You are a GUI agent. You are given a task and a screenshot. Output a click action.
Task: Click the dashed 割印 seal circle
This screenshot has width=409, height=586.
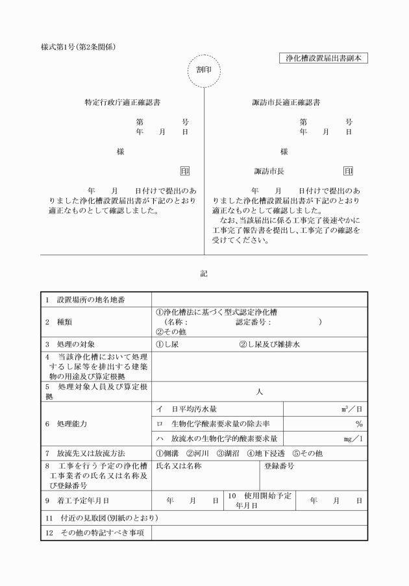[x=204, y=70]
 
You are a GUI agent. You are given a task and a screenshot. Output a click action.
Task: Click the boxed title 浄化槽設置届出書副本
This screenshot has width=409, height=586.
[x=322, y=58]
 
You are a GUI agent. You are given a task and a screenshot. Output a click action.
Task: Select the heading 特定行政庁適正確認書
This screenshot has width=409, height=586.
[x=123, y=103]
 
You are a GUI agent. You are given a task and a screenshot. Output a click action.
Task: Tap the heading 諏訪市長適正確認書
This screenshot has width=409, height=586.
[x=286, y=103]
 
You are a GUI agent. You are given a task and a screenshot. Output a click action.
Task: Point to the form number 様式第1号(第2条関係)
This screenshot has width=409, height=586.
[x=78, y=47]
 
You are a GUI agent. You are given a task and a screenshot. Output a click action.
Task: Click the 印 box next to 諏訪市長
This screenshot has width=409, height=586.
[x=348, y=171]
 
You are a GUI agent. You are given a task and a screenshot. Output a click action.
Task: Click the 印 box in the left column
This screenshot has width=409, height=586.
[x=185, y=171]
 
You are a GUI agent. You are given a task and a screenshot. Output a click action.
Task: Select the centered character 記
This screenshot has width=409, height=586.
[x=204, y=274]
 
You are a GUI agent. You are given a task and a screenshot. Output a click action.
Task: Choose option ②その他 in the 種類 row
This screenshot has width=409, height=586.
[x=171, y=330]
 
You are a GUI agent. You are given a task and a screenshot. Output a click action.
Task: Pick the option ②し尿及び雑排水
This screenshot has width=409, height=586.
[x=269, y=344]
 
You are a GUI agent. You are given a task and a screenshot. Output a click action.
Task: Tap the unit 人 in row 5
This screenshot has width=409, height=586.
[x=259, y=392]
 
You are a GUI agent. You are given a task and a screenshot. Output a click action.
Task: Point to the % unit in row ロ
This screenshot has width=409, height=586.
[x=358, y=424]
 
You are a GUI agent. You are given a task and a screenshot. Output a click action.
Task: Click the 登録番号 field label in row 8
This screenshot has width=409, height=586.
[x=280, y=466]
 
